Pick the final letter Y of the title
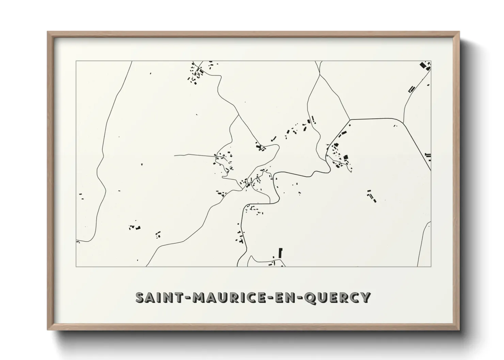(365, 297)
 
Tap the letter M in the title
(198, 297)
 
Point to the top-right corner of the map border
(431, 61)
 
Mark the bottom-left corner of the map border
(76, 266)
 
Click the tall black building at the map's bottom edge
(281, 253)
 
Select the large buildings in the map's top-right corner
(425, 65)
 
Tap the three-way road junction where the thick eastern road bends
(350, 120)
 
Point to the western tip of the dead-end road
(175, 155)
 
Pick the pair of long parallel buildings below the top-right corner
(411, 89)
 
